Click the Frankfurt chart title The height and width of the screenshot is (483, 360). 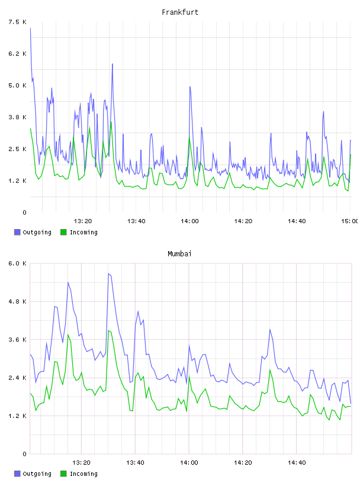tap(180, 12)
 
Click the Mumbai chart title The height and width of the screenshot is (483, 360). tap(179, 254)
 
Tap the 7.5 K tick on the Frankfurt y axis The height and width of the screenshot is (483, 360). tap(18, 22)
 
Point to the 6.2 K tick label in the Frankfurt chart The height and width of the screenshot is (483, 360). tap(18, 54)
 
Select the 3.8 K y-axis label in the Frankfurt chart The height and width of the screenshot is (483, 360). tap(18, 117)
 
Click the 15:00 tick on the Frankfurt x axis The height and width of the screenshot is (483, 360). tap(349, 221)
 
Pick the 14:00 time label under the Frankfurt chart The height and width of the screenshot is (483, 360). tap(189, 221)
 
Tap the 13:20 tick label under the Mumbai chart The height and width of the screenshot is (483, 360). tap(81, 462)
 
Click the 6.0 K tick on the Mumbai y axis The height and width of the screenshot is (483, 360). tap(18, 263)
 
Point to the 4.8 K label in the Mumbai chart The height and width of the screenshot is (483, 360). tap(18, 301)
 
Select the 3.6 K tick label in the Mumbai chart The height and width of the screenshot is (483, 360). tap(18, 340)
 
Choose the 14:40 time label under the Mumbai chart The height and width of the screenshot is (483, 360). tap(297, 462)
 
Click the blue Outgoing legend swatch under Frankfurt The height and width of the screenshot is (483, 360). tap(17, 232)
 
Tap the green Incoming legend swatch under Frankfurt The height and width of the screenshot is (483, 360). tap(63, 232)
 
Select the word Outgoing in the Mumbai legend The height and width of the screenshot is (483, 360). tap(37, 474)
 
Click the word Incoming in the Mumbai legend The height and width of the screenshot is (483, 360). tap(83, 474)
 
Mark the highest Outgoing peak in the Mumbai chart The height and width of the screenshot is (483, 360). tap(108, 273)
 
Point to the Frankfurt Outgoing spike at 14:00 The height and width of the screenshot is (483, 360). tap(190, 87)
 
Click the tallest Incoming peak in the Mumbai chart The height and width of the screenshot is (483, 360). tap(108, 330)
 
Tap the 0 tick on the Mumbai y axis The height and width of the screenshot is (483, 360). tap(25, 454)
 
